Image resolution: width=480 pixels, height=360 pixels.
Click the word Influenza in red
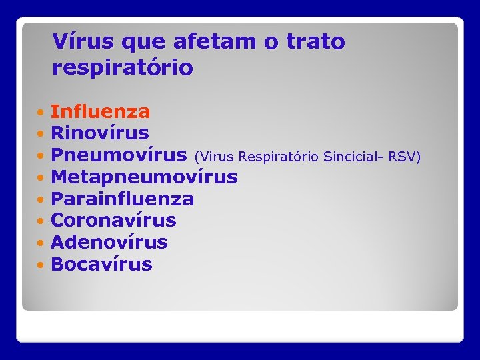coord(100,111)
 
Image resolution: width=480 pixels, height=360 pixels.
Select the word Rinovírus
coord(99,133)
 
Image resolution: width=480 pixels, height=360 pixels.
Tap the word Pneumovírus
coord(119,155)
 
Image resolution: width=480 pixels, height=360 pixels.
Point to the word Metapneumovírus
coord(144,177)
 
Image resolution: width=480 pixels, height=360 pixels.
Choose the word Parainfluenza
coord(122,199)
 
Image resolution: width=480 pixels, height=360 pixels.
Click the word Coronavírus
coord(113,220)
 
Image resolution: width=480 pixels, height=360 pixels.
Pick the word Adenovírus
coord(109,242)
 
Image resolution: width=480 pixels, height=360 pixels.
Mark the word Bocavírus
coord(101,264)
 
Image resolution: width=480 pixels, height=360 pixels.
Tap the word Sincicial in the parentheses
coord(351,157)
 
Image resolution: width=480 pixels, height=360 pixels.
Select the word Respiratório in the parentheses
coord(279,157)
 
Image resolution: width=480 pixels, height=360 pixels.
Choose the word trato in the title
coord(315,41)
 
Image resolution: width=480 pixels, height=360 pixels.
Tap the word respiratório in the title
coord(123,67)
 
